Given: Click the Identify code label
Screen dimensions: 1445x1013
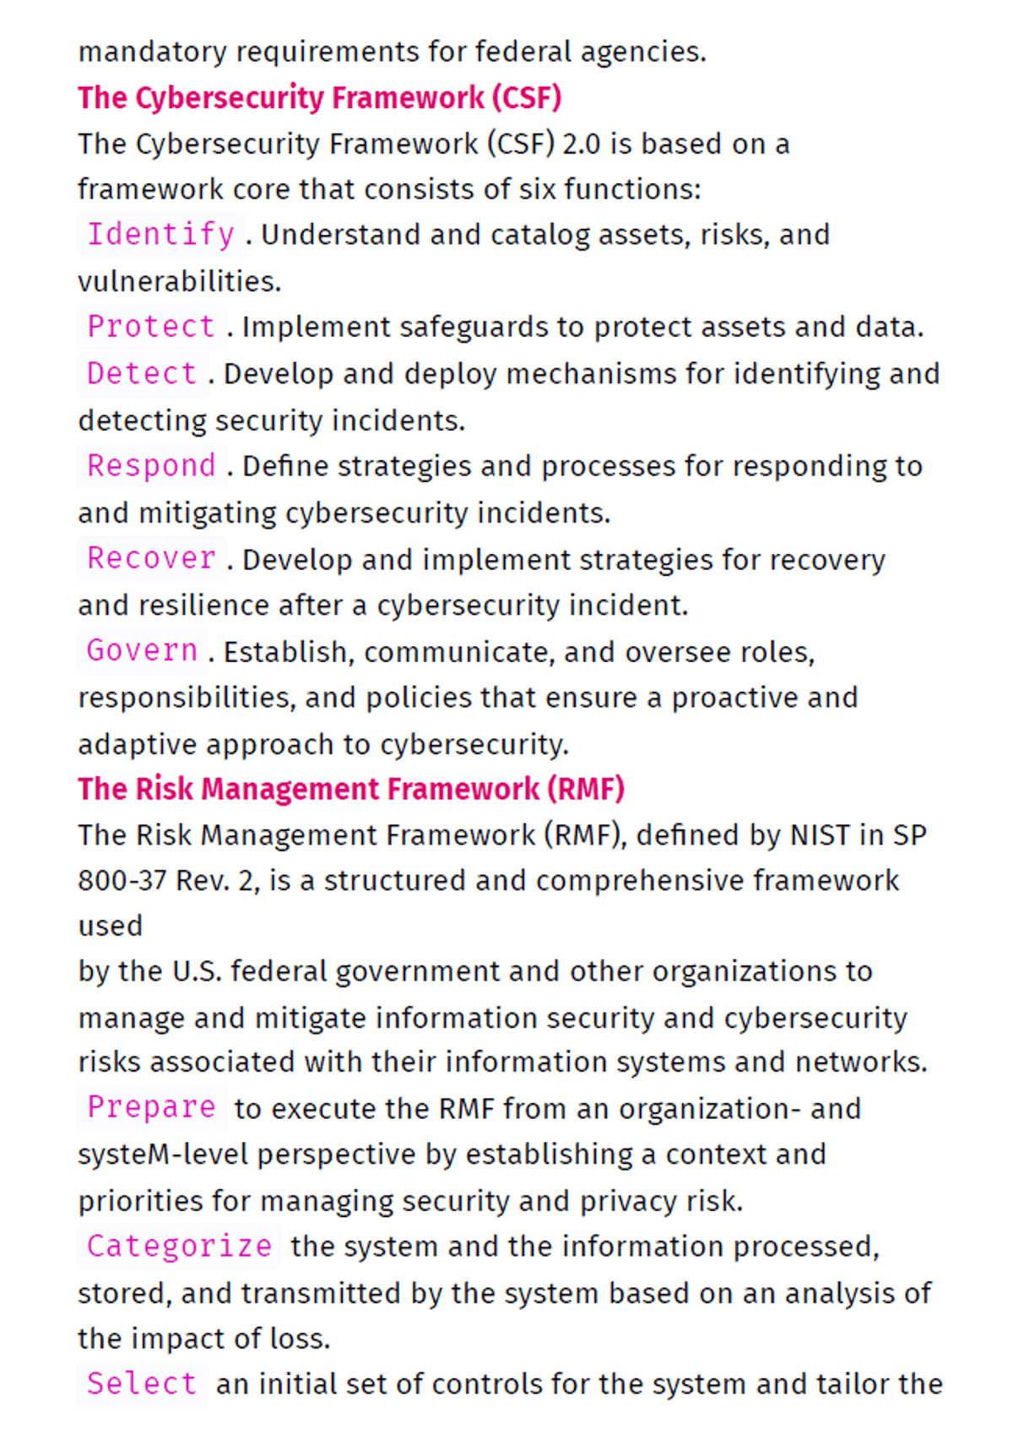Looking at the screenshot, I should [160, 235].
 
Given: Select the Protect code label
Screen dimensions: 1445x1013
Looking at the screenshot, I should [151, 327].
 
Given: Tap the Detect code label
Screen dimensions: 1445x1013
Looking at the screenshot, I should [142, 373].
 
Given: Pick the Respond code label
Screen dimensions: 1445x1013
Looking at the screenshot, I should [151, 466].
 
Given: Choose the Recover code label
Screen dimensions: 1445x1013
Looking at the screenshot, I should [151, 559].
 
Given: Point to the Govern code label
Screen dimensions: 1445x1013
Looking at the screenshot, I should [142, 651].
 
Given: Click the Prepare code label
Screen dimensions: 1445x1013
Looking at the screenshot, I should [151, 1108].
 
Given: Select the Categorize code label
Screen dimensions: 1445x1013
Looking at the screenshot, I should [179, 1247].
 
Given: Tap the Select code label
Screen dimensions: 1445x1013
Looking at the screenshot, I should [142, 1384].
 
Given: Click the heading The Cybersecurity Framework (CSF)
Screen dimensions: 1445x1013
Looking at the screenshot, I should [319, 98].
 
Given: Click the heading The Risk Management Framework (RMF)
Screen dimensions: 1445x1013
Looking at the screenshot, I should [351, 789].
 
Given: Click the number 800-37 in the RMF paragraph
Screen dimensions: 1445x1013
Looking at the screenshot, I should [122, 881].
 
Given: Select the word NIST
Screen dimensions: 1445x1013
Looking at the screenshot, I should [820, 835].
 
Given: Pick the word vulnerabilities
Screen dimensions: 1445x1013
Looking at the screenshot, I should [179, 281].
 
